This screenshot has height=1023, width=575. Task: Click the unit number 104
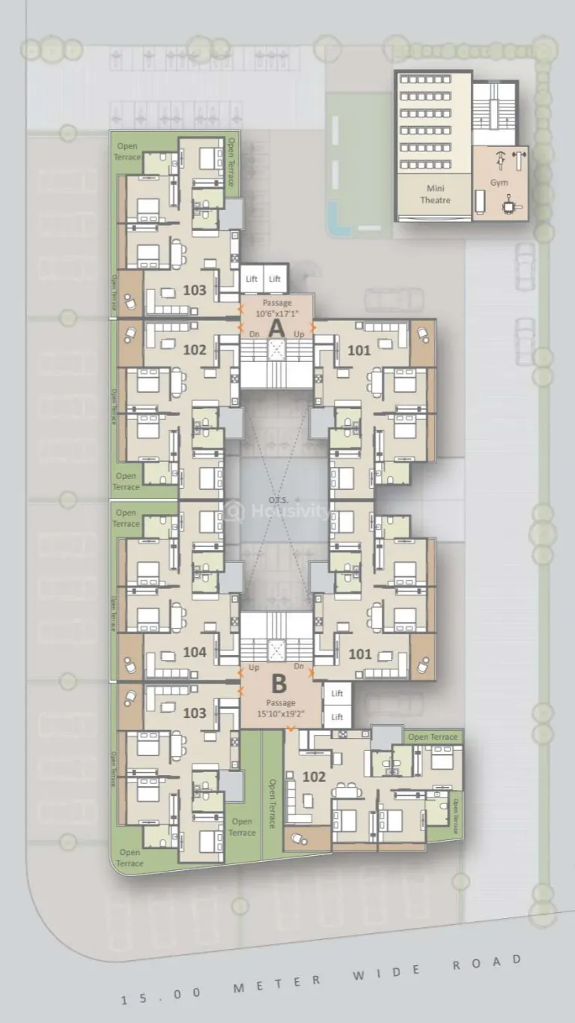(x=194, y=653)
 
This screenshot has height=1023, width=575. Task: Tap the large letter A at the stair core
(x=276, y=328)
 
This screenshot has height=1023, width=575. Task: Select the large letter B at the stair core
(x=279, y=683)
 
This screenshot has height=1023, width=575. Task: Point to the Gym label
(x=499, y=183)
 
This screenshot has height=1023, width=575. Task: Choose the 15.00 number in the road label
(x=162, y=993)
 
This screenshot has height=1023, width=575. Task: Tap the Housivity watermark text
(x=288, y=511)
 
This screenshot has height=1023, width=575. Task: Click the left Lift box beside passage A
(x=252, y=279)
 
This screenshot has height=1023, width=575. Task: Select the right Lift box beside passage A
(x=276, y=279)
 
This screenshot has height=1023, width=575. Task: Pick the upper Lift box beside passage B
(x=338, y=694)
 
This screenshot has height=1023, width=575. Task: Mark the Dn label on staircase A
(x=254, y=334)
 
